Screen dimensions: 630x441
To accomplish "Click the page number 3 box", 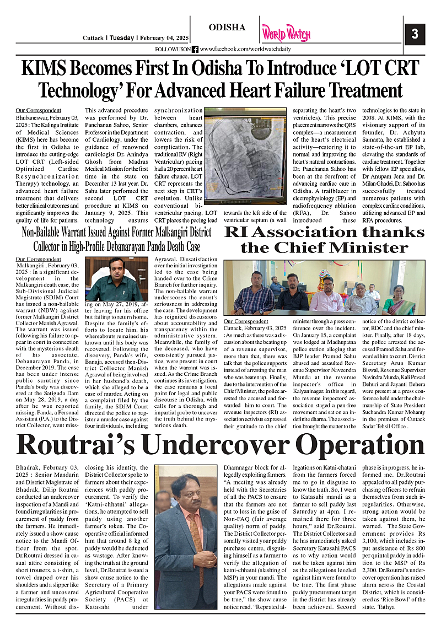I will pyautogui.click(x=415, y=34).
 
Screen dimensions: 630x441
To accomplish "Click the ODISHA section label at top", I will pyautogui.click(x=227, y=27).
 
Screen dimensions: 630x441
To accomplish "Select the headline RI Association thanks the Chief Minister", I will pyautogui.click(x=324, y=239).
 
